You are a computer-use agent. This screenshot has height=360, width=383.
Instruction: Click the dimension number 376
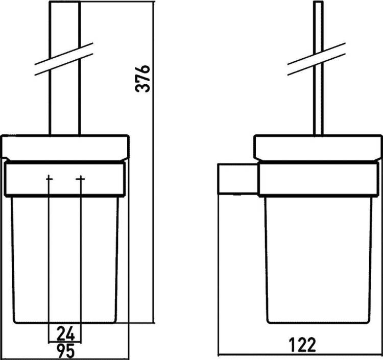coord(142,79)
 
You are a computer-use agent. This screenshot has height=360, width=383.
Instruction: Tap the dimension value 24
coord(65,334)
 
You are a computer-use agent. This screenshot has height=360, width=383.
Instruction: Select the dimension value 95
coord(65,351)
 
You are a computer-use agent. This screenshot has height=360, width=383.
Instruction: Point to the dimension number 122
coord(302,345)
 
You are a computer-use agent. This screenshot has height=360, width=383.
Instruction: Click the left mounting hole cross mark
coord(49,179)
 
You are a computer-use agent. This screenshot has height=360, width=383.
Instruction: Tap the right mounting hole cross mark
coord(80,179)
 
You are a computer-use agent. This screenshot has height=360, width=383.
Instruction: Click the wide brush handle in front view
coord(65,68)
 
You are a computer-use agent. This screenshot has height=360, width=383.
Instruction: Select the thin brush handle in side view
coord(318,68)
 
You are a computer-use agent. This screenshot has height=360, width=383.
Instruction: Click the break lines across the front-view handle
coord(64,59)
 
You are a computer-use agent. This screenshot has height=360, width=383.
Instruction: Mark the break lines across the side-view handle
coord(317,59)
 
